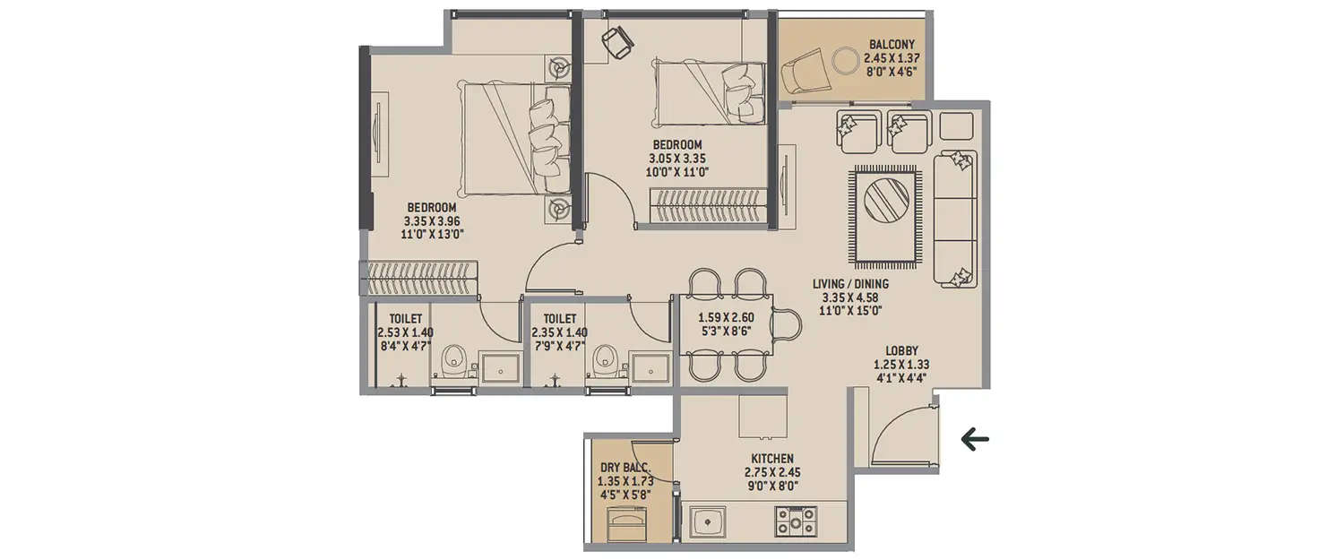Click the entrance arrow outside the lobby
(x=974, y=439)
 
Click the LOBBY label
(x=901, y=350)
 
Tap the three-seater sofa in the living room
(x=955, y=220)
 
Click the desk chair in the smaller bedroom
(x=616, y=41)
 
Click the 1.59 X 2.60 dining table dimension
(x=728, y=317)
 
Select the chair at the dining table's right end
(x=787, y=325)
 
